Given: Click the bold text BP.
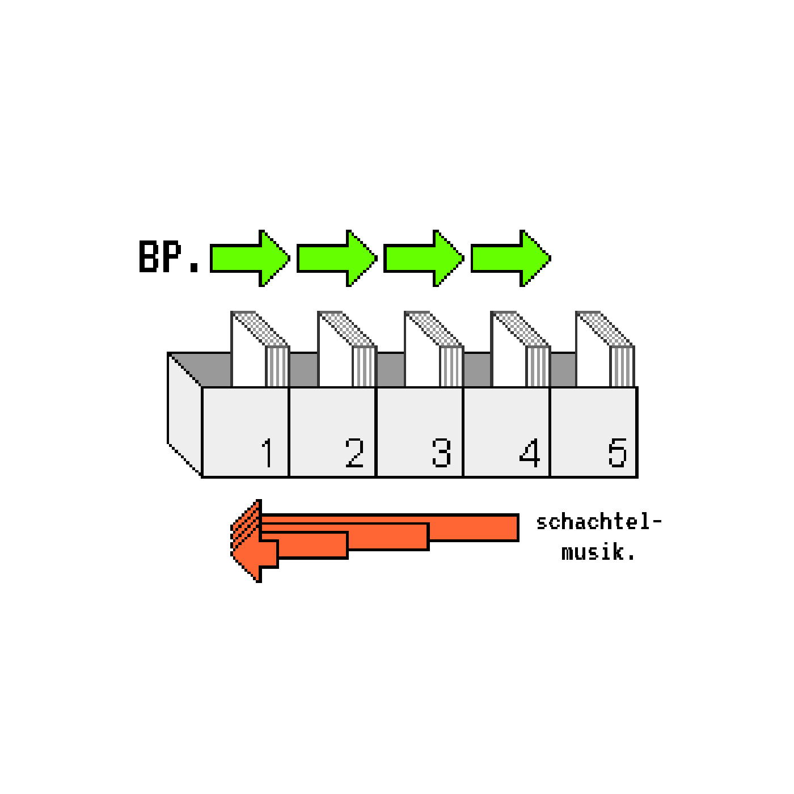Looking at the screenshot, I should pyautogui.click(x=168, y=257).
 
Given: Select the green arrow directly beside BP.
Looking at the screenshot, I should pyautogui.click(x=250, y=259).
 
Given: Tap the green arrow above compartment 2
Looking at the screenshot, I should pyautogui.click(x=336, y=259).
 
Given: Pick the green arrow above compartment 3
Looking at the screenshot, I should pyautogui.click(x=423, y=259).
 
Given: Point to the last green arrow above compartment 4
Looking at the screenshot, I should pyautogui.click(x=510, y=259).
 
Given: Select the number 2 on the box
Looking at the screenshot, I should pyautogui.click(x=354, y=453).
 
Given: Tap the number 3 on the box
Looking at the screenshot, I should pyautogui.click(x=441, y=453).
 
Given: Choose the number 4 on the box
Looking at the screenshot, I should pyautogui.click(x=529, y=453).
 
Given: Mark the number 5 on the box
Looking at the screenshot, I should pyautogui.click(x=617, y=453).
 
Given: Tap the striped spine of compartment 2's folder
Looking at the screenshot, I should pyautogui.click(x=364, y=366).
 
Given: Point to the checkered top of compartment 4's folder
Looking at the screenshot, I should pyautogui.click(x=520, y=329).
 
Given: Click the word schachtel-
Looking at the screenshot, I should pyautogui.click(x=599, y=522).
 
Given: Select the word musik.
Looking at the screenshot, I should pyautogui.click(x=599, y=552).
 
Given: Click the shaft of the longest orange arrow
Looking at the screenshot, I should pyautogui.click(x=476, y=527).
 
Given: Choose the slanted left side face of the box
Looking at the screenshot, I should pyautogui.click(x=184, y=414).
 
